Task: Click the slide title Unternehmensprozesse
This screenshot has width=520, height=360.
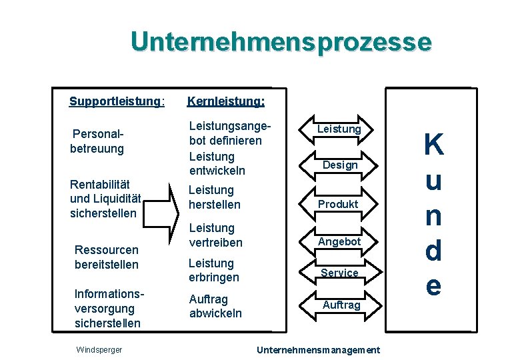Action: pyautogui.click(x=281, y=41)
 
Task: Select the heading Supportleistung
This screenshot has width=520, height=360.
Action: pyautogui.click(x=117, y=102)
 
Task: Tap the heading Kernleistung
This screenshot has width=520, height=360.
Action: pyautogui.click(x=226, y=102)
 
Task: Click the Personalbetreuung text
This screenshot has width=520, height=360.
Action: pyautogui.click(x=98, y=141)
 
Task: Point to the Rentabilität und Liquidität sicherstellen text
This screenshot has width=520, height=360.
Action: pyautogui.click(x=103, y=199)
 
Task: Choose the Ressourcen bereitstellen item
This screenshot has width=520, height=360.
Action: pyautogui.click(x=107, y=257)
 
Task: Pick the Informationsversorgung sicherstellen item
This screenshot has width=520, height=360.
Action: pyautogui.click(x=108, y=309)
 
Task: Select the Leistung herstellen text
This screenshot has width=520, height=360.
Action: pyautogui.click(x=215, y=197)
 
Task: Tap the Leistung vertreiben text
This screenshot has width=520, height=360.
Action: pyautogui.click(x=216, y=235)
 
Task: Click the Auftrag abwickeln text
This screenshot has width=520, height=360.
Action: pyautogui.click(x=215, y=307)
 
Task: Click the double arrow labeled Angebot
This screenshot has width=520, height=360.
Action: pyautogui.click(x=339, y=241)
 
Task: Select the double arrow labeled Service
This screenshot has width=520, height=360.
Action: pyautogui.click(x=339, y=273)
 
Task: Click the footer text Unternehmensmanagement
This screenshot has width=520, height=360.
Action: pyautogui.click(x=318, y=349)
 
